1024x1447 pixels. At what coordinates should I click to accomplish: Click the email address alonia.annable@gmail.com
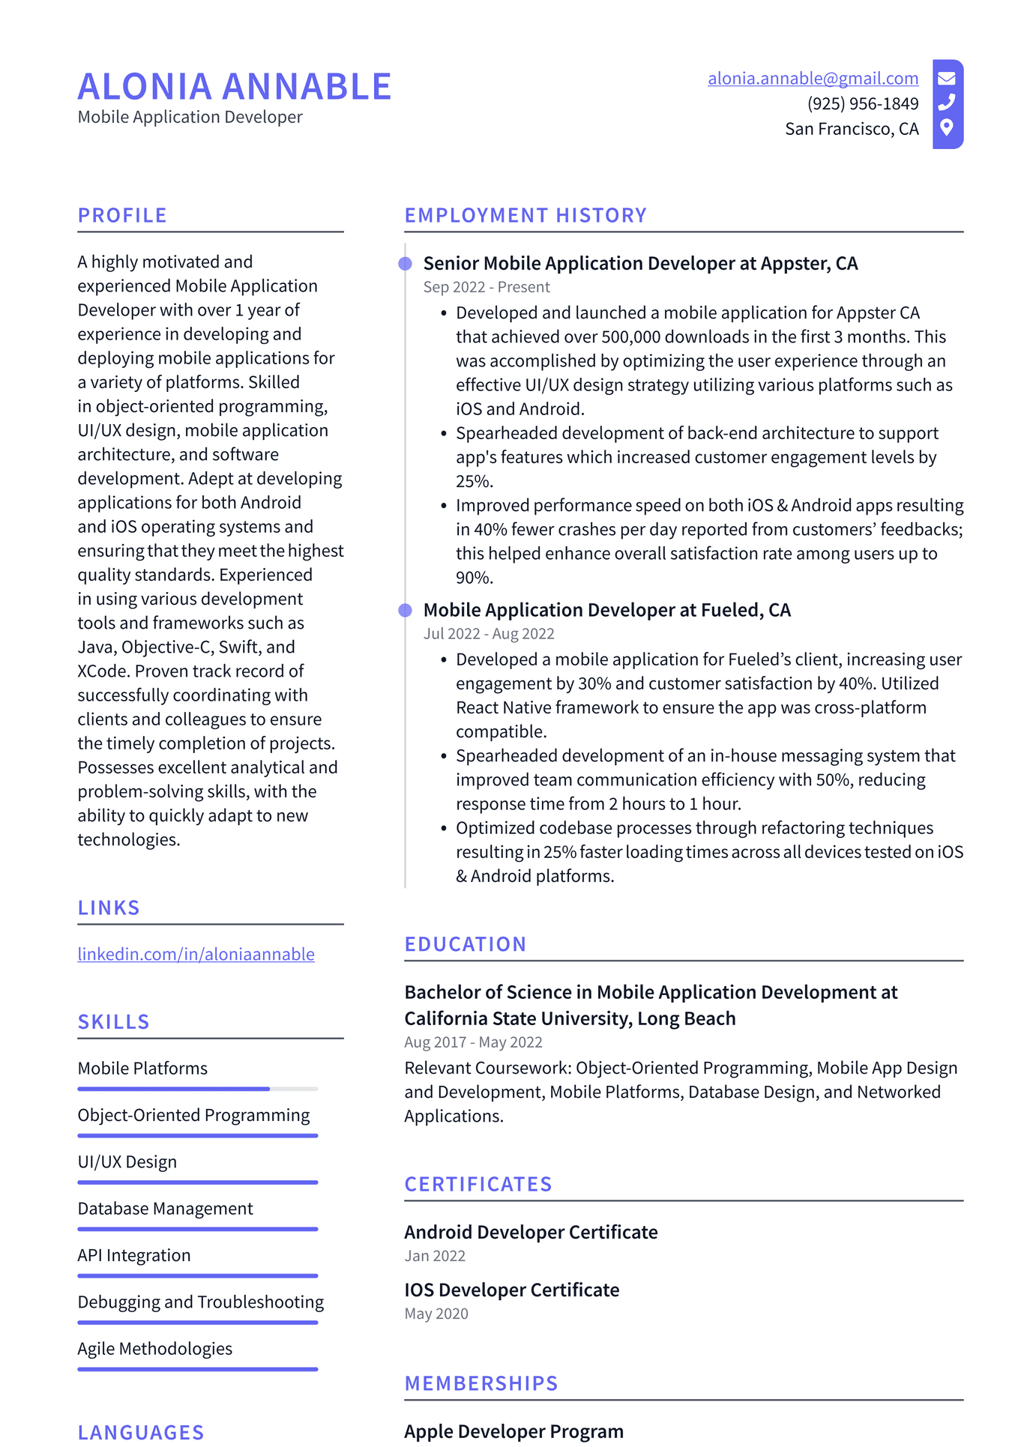click(813, 79)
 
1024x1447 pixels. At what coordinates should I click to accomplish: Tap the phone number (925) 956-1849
click(862, 103)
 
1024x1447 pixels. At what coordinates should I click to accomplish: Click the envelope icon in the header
click(947, 78)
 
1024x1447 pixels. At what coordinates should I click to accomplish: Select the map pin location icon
click(947, 127)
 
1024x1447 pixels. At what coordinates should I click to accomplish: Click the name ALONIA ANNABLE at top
click(235, 87)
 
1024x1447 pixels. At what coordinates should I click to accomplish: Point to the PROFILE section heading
click(122, 216)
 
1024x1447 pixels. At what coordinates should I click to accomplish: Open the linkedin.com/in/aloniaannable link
click(196, 954)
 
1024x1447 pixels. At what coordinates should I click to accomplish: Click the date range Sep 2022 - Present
click(487, 287)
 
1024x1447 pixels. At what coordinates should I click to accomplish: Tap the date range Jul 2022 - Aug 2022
click(489, 634)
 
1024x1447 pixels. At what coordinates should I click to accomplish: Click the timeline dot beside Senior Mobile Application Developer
click(405, 264)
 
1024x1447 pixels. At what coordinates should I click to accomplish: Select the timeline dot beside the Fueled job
click(405, 611)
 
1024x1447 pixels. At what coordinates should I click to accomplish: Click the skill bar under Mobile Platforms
click(197, 1089)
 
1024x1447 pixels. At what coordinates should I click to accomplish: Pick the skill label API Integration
click(134, 1255)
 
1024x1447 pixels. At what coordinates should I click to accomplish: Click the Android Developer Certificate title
click(531, 1233)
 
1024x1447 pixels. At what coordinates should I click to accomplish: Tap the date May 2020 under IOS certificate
click(436, 1314)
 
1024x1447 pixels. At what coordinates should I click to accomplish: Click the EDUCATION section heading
click(466, 945)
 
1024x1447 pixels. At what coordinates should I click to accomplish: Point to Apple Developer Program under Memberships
click(513, 1431)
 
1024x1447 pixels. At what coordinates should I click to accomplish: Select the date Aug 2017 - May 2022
click(473, 1042)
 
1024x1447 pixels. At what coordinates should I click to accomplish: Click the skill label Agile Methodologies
click(155, 1349)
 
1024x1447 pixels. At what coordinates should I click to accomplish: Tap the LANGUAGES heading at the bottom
click(141, 1433)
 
